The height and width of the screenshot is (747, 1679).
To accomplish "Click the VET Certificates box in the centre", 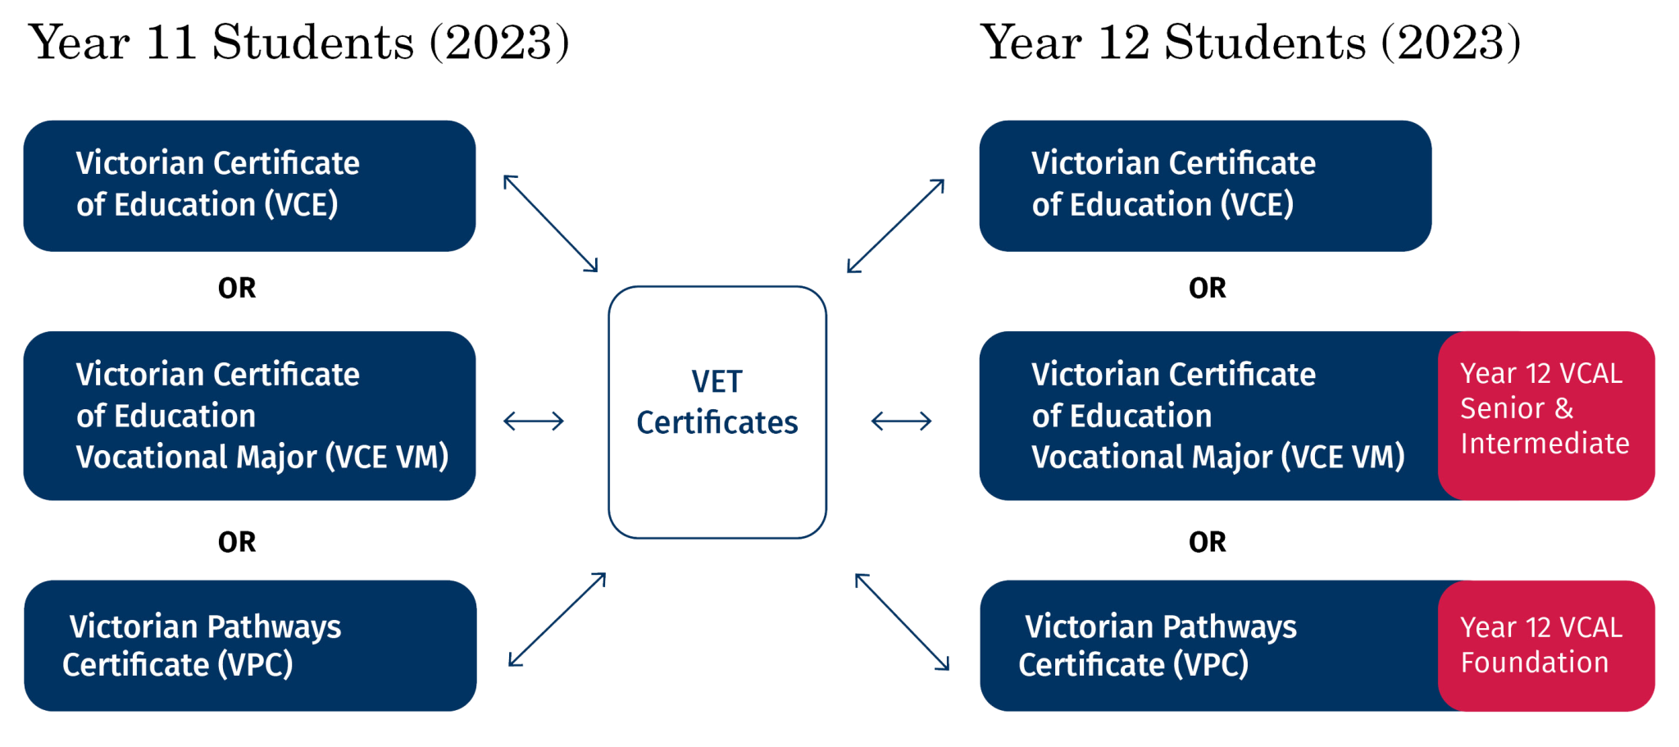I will pos(717,412).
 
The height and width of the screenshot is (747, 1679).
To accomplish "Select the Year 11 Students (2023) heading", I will pos(300,43).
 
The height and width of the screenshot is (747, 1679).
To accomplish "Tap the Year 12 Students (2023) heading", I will pos(1251,43).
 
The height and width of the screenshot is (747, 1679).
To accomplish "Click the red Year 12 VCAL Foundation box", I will pos(1546,645).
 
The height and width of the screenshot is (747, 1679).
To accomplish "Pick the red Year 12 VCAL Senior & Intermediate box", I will pos(1546,415).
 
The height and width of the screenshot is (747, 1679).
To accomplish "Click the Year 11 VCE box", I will pos(249,185).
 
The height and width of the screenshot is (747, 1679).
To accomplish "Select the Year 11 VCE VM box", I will pos(249,415).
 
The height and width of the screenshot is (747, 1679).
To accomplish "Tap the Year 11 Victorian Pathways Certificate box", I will pos(249,645).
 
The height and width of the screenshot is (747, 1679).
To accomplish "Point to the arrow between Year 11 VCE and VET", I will pos(551,223).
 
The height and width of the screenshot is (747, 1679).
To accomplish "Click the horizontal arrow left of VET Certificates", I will pos(533,421).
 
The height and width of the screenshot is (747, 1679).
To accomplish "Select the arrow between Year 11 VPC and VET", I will pos(557,620).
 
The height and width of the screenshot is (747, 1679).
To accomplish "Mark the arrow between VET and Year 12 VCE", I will pos(896,225).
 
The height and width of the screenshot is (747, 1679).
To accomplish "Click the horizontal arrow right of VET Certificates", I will pos(901,421).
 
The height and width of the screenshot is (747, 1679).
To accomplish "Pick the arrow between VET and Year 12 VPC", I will pos(902,622).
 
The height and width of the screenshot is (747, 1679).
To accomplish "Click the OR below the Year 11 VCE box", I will pos(238,288).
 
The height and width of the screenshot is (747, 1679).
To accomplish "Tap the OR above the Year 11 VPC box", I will pos(238,541).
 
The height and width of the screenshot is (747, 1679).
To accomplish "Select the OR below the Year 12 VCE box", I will pos(1208,288).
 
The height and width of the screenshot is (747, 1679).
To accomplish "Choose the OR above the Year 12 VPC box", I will pos(1208,541).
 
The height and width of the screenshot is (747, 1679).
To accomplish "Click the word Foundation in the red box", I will pos(1535,663).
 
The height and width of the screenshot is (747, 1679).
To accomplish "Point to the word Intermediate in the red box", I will pos(1545,444).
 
